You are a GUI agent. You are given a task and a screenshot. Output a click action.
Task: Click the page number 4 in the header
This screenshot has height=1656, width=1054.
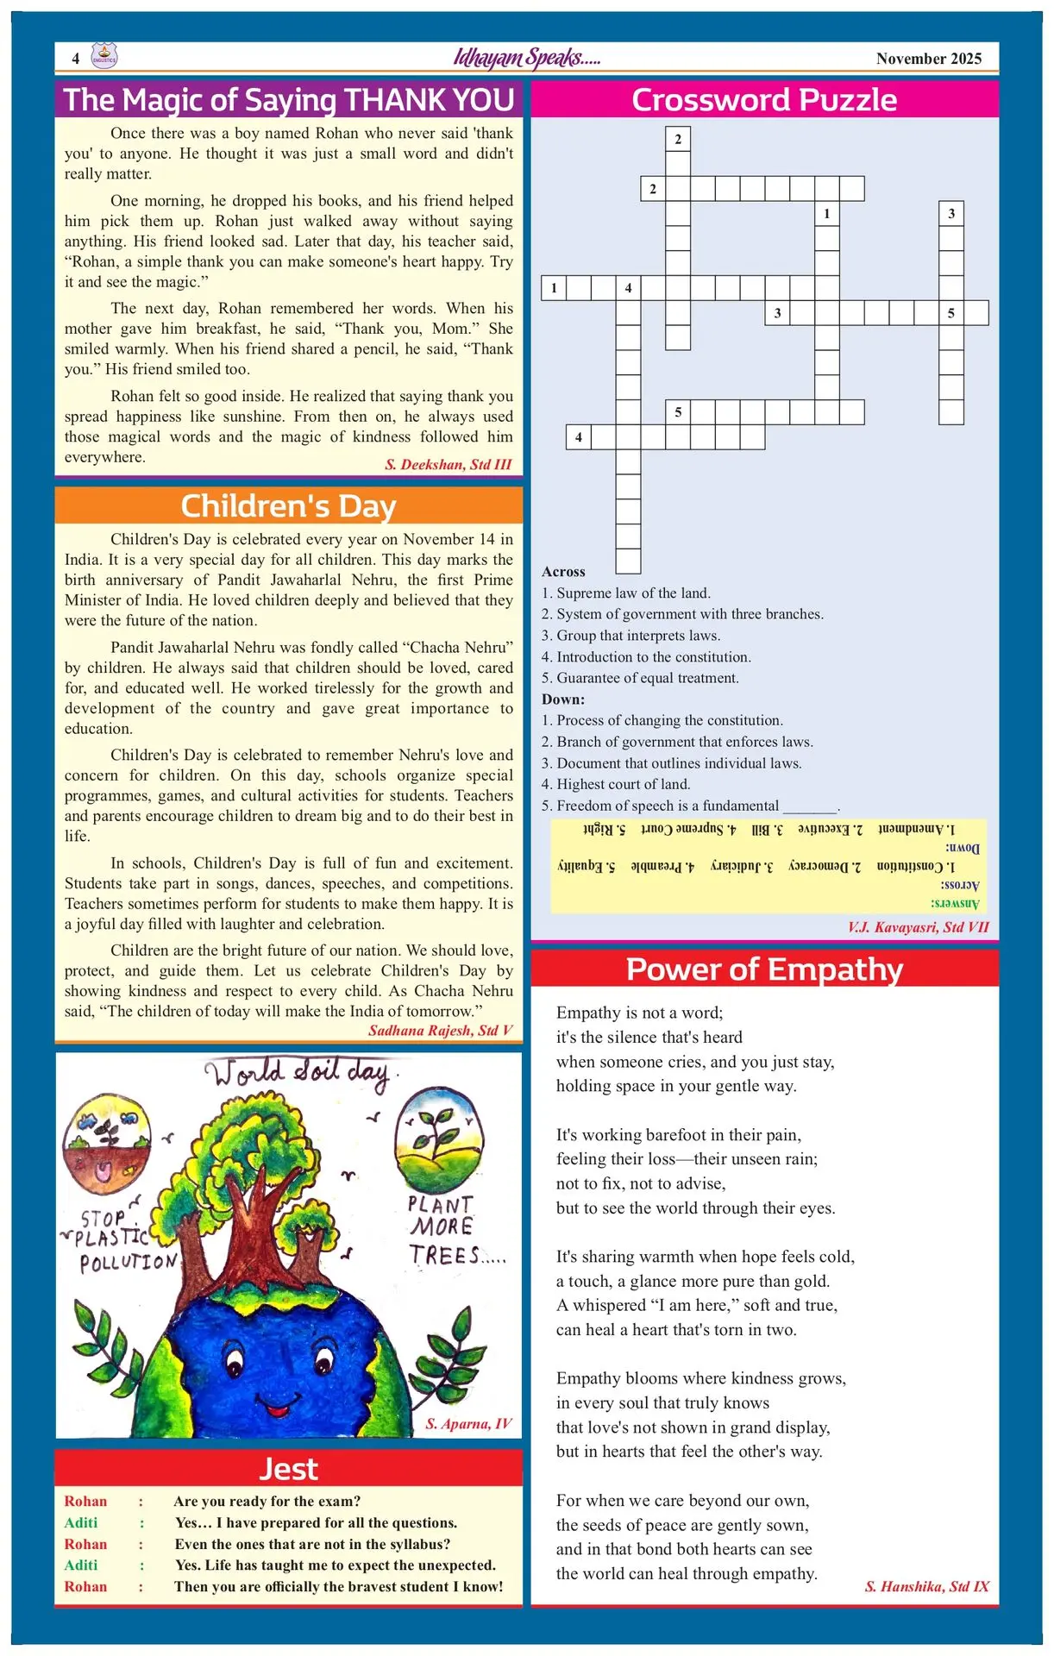[76, 59]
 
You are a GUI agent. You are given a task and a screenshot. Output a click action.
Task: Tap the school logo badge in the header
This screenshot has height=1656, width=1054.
[104, 57]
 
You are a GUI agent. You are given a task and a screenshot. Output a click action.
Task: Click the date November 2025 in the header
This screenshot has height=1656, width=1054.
[928, 59]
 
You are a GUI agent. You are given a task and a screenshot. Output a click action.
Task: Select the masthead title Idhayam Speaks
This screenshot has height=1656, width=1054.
[526, 58]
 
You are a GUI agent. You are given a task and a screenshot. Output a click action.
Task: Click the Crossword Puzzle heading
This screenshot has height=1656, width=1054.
[764, 100]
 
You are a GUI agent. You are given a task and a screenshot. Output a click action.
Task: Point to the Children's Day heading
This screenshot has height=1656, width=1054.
[288, 505]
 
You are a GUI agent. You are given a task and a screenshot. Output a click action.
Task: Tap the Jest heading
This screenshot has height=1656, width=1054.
[288, 1469]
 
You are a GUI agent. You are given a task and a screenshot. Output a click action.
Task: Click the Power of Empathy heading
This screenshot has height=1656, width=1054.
[764, 969]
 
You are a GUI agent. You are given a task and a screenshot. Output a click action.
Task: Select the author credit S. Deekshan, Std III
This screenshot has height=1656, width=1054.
[448, 465]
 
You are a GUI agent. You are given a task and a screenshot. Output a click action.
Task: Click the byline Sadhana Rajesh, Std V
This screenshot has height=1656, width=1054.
[440, 1031]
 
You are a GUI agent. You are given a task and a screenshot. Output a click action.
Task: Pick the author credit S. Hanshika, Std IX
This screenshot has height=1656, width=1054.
[926, 1586]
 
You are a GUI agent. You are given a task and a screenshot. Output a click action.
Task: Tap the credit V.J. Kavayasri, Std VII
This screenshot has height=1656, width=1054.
[918, 927]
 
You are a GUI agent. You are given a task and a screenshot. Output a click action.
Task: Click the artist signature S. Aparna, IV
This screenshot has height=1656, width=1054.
[468, 1423]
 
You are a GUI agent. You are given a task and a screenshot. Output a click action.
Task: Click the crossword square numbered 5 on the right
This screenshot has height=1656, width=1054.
[950, 313]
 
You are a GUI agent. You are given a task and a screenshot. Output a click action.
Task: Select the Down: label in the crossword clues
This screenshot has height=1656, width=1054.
[563, 699]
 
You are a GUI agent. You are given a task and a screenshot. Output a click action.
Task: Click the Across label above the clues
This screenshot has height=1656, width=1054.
[563, 572]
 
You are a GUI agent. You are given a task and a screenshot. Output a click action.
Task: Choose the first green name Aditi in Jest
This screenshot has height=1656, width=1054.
[81, 1523]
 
